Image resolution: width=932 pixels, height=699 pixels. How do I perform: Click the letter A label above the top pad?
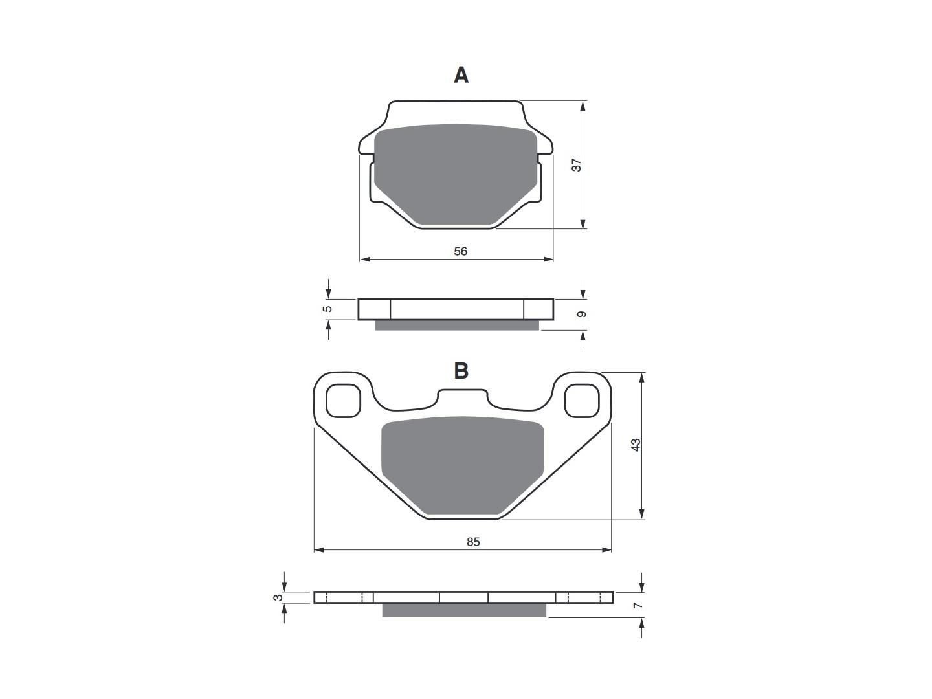coord(461,76)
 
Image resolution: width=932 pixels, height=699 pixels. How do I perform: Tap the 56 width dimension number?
coord(460,251)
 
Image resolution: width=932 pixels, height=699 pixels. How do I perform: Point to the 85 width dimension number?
coord(473,542)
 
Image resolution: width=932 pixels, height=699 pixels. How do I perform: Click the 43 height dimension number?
coord(636,445)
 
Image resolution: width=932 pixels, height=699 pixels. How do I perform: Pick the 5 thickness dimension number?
coord(327,309)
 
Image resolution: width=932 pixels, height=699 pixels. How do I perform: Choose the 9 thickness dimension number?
coord(582,314)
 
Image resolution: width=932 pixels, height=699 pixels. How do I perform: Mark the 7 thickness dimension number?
coord(637,606)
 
